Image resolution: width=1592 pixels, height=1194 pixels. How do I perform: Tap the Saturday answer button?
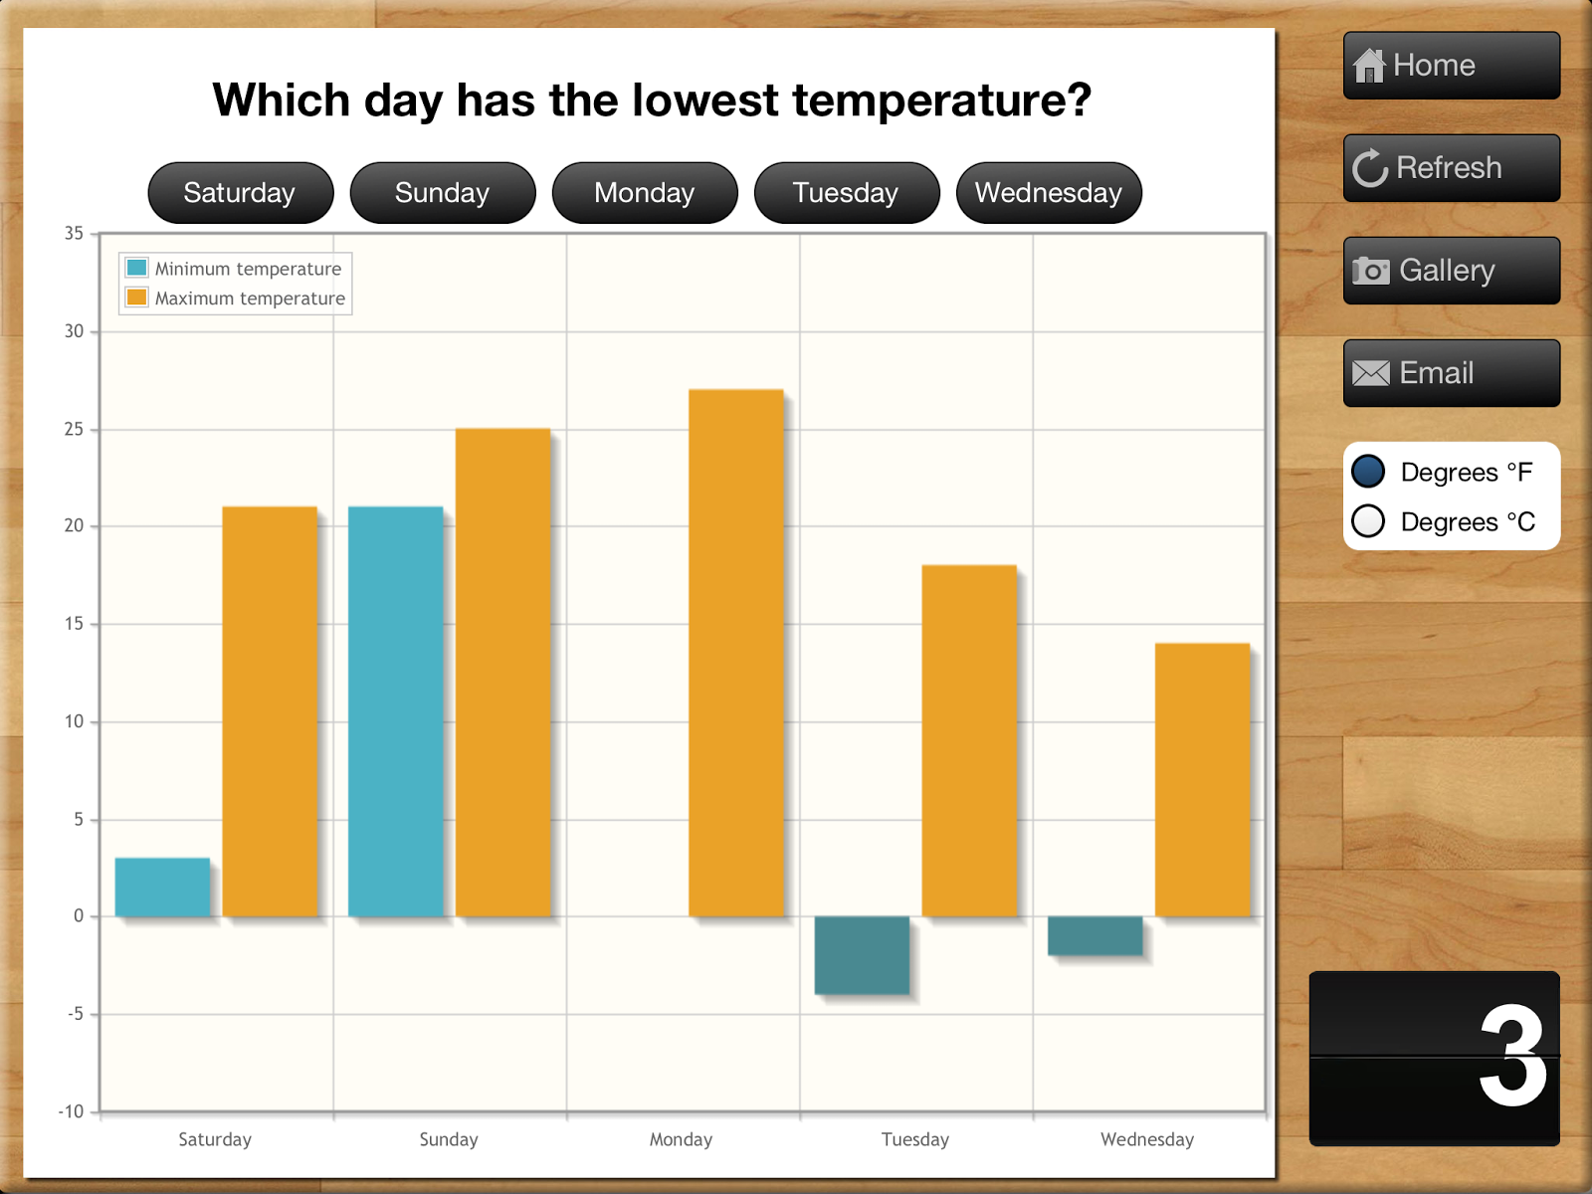[x=240, y=193]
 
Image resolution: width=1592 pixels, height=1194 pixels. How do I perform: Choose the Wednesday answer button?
[x=1048, y=193]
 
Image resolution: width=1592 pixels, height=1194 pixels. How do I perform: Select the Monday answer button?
[x=644, y=193]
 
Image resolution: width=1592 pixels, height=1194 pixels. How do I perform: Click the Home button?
[x=1451, y=66]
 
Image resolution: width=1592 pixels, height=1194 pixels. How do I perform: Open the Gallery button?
[x=1451, y=271]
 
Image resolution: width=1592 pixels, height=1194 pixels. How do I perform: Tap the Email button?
[x=1451, y=373]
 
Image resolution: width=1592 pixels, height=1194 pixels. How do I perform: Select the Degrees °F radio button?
[x=1368, y=472]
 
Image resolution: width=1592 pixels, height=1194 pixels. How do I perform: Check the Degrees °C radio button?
[x=1368, y=520]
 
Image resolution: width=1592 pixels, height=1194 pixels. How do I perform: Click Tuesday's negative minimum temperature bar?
[x=862, y=954]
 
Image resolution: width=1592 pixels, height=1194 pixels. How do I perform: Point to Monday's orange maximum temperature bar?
[x=736, y=653]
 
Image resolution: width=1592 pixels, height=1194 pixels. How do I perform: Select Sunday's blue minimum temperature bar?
[x=395, y=711]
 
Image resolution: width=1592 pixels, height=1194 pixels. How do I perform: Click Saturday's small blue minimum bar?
[x=162, y=887]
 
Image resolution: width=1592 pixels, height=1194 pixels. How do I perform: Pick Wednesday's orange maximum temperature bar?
[x=1202, y=779]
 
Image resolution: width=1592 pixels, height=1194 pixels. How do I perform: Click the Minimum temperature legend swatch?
[x=137, y=268]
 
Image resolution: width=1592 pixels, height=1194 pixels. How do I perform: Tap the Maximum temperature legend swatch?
[x=137, y=298]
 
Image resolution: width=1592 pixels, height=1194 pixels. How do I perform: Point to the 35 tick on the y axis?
[x=75, y=234]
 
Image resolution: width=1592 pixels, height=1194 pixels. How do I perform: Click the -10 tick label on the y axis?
[x=72, y=1111]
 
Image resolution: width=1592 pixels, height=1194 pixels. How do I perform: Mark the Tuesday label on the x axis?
[x=914, y=1139]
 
